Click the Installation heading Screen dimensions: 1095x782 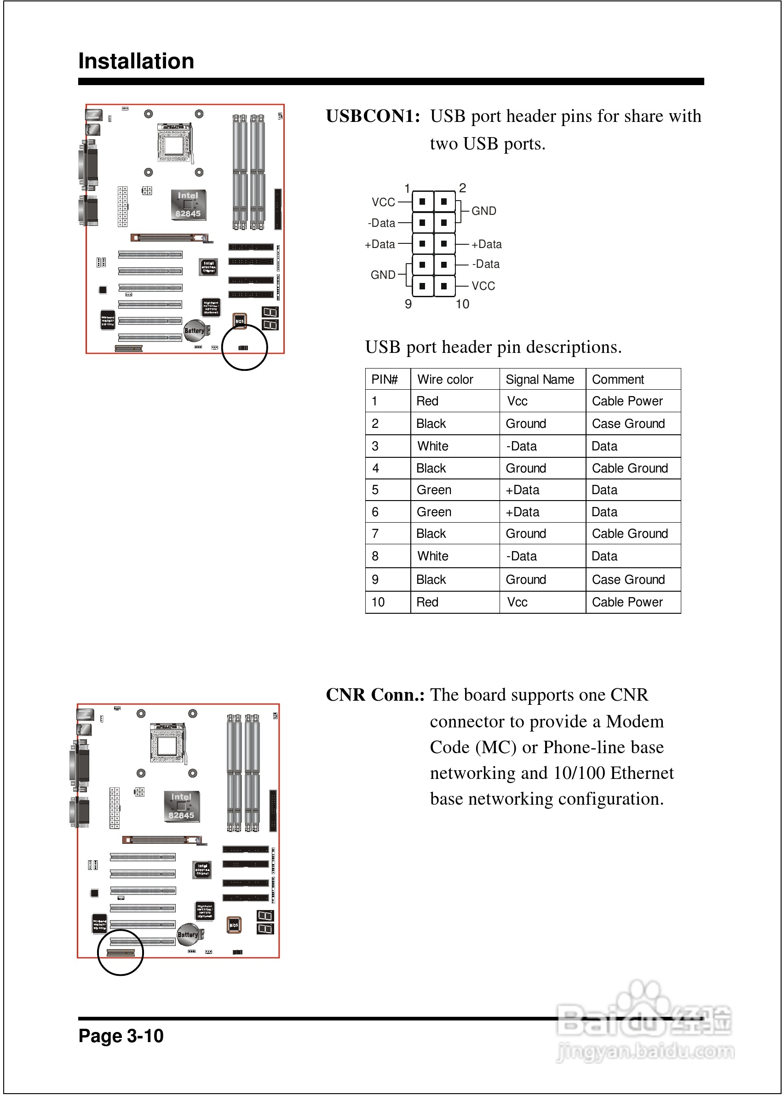[x=136, y=61]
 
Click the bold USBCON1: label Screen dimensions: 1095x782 [x=373, y=116]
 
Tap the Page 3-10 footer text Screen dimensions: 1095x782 [x=121, y=1035]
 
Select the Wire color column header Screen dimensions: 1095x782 [x=445, y=380]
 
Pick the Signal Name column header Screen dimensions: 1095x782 [x=539, y=380]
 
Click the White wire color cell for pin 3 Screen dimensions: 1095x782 [x=432, y=446]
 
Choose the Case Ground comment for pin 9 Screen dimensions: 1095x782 [x=628, y=579]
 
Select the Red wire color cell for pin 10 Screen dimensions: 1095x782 [x=427, y=602]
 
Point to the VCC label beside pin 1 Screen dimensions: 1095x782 [x=383, y=202]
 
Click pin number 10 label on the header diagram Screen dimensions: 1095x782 [x=462, y=304]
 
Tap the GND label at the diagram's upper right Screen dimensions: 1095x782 [x=483, y=211]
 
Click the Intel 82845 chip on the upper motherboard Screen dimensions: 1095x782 [x=188, y=205]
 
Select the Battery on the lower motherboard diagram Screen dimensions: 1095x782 [x=188, y=934]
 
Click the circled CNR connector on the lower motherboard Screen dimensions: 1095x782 [x=121, y=952]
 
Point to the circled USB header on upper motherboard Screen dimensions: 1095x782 [x=243, y=348]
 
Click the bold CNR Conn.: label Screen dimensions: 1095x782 [x=375, y=695]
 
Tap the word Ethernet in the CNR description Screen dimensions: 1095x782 [x=642, y=773]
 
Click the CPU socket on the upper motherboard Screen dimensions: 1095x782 [x=174, y=143]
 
